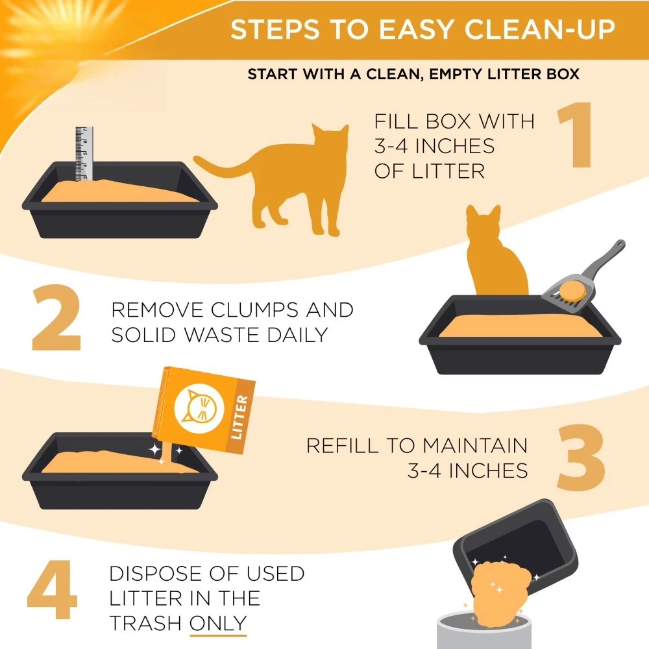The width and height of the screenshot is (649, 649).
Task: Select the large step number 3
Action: click(581, 458)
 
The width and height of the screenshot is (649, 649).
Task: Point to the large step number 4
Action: click(52, 589)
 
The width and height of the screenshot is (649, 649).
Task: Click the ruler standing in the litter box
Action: click(84, 154)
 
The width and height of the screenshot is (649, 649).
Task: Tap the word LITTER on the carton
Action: click(239, 417)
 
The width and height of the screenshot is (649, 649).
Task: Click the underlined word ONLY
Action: click(218, 623)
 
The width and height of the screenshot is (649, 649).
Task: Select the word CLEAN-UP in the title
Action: click(540, 29)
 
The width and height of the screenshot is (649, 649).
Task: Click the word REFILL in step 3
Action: click(342, 446)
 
